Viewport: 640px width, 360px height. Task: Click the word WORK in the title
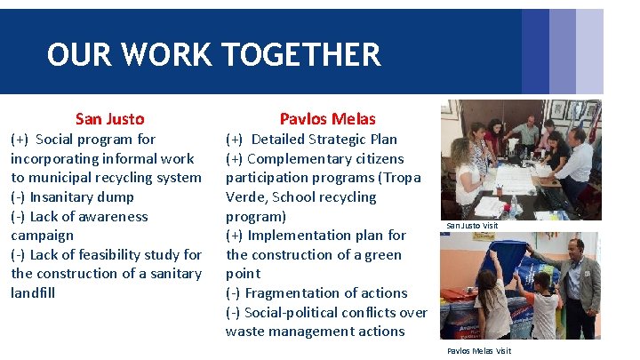166,55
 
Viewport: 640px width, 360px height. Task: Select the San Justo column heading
109,118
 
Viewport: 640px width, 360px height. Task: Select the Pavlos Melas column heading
327,118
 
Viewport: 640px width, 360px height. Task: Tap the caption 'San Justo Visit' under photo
472,226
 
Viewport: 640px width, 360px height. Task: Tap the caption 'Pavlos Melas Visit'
479,350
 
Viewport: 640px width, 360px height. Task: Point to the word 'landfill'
33,293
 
